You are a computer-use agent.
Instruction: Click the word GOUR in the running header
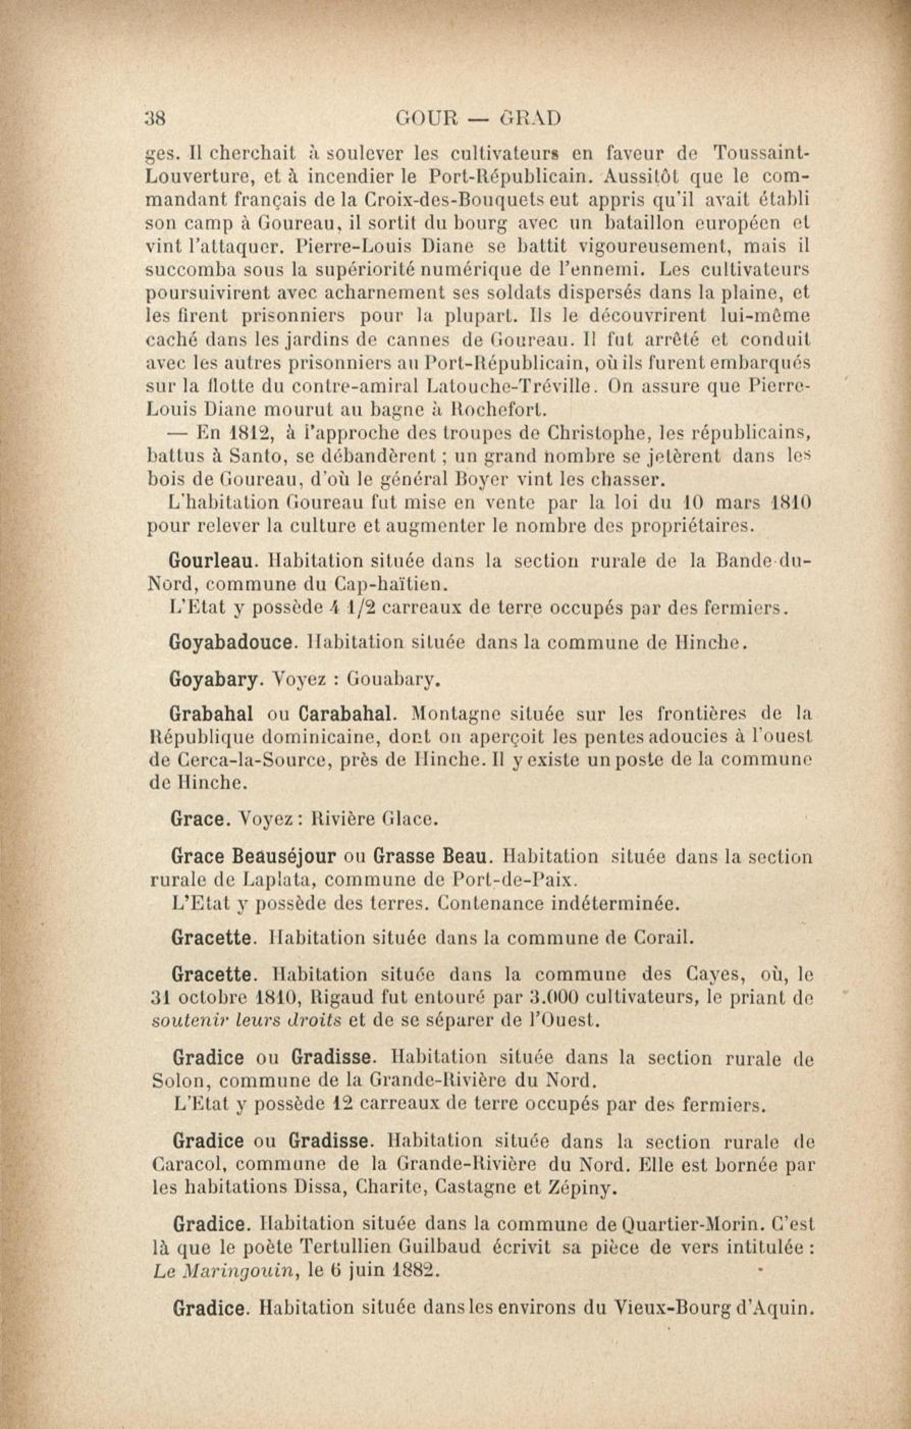[428, 119]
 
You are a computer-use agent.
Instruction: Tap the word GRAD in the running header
[531, 119]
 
